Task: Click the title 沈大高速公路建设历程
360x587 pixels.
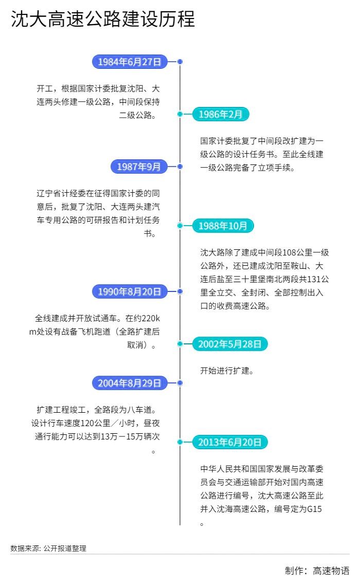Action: tap(103, 20)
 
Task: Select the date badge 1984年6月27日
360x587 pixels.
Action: tap(130, 62)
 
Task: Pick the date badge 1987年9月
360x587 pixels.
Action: tap(139, 167)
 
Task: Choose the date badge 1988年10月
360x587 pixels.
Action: tap(223, 226)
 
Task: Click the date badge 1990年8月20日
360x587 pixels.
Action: tap(130, 292)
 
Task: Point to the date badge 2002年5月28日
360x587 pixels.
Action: tap(230, 344)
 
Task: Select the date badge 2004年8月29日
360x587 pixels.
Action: tap(130, 383)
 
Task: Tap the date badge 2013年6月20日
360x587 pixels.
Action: tap(230, 442)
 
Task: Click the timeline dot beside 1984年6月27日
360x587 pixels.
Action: tap(180, 62)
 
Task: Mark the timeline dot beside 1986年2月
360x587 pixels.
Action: tap(180, 114)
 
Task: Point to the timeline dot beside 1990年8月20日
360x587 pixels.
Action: tap(180, 291)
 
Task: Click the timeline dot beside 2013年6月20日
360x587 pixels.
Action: tap(180, 442)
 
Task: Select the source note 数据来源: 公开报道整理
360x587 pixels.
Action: tap(48, 548)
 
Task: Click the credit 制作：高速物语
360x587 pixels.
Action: tap(317, 571)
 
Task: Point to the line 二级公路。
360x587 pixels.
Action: tap(137, 115)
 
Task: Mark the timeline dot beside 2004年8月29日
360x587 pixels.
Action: tap(180, 383)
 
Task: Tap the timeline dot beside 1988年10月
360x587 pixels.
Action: tap(180, 225)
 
